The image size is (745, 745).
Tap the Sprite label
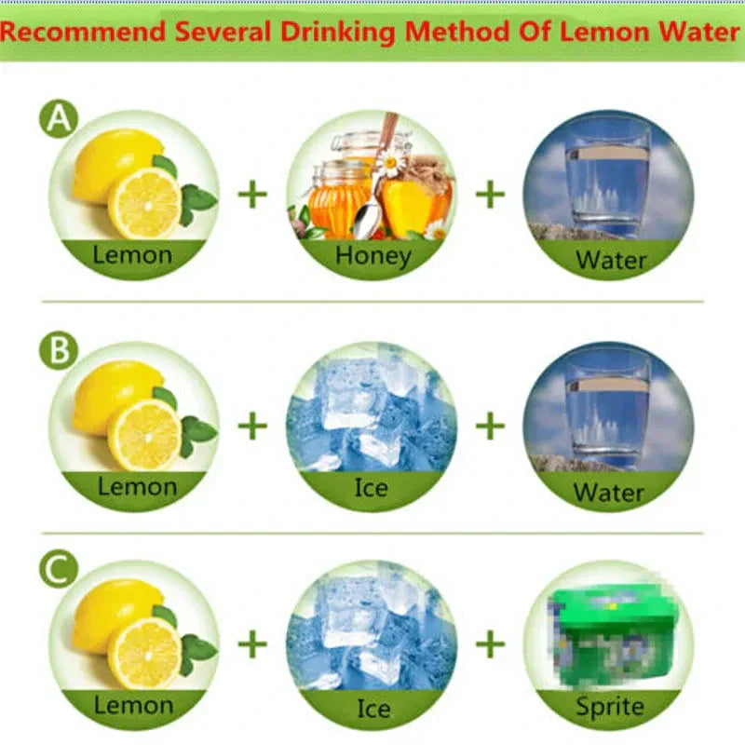pyautogui.click(x=609, y=707)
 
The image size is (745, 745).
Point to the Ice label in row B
pyautogui.click(x=372, y=486)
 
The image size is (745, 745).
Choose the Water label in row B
pyautogui.click(x=609, y=491)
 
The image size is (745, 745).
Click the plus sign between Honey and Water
pyautogui.click(x=490, y=194)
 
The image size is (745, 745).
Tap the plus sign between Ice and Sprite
pyautogui.click(x=490, y=643)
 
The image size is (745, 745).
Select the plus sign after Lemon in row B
pyautogui.click(x=252, y=426)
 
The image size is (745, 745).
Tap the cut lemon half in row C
pyautogui.click(x=144, y=653)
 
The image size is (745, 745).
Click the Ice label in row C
pyautogui.click(x=372, y=710)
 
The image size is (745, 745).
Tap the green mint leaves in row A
pyautogui.click(x=196, y=197)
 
